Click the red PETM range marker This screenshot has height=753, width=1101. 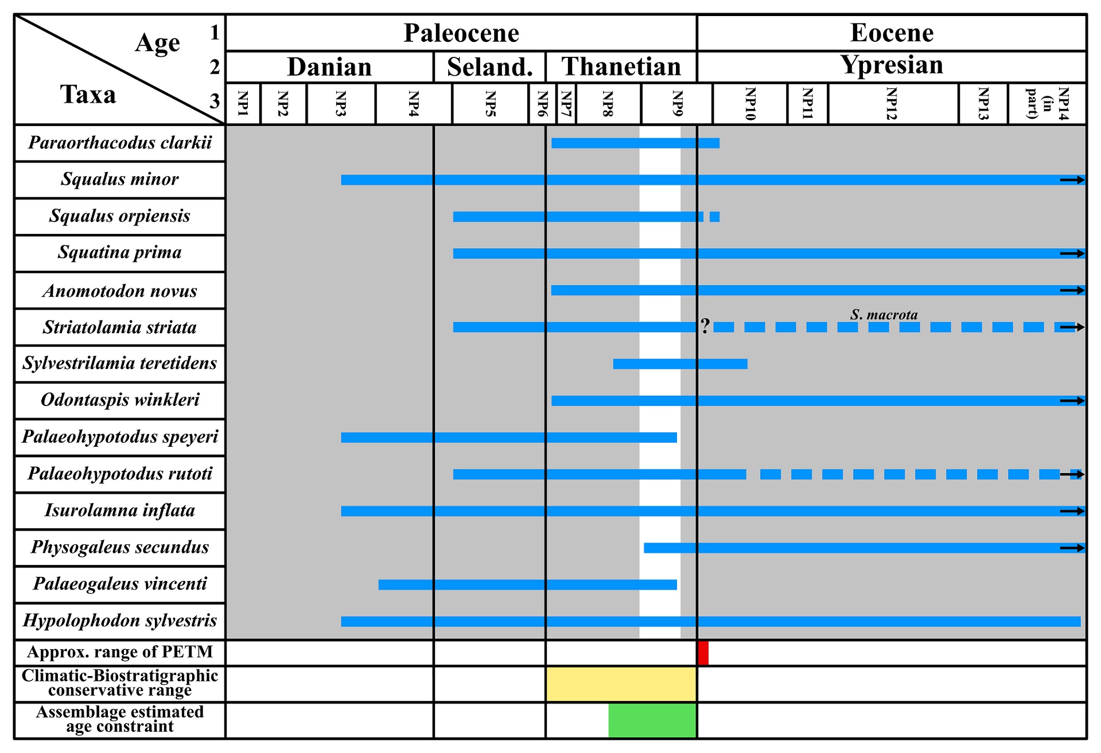coord(703,653)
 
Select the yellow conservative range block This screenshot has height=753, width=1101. coord(621,684)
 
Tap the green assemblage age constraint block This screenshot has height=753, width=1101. coord(652,720)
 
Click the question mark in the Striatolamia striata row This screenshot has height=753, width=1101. coord(705,326)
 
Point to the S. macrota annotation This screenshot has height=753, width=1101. coord(884,314)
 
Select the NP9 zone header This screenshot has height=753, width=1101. coord(677,104)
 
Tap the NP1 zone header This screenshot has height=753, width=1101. coord(243,104)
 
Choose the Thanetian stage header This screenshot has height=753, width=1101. coord(621,67)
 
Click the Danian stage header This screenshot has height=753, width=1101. coord(329,67)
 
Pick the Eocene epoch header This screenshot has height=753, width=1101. coord(892,33)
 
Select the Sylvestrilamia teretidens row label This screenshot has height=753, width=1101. coord(120,363)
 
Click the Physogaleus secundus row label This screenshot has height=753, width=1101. coord(120,547)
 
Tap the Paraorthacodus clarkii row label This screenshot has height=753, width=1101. coord(120,143)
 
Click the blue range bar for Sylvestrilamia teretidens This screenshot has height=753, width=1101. coord(680,364)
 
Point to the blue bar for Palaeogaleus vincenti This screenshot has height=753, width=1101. coord(527,584)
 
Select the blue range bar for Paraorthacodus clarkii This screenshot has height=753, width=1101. coord(635,143)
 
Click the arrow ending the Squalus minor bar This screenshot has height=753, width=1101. coord(1072,180)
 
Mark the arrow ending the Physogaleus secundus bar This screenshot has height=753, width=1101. coord(1072,548)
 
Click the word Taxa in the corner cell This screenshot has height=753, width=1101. coord(88,95)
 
